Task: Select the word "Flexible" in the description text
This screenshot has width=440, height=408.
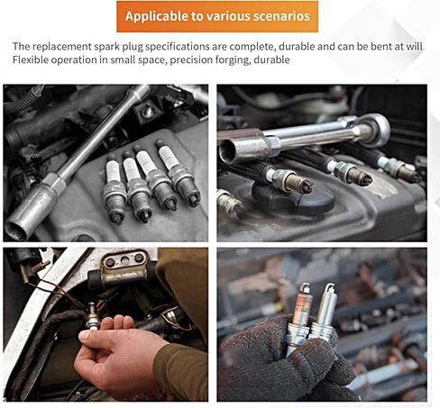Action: tap(30, 59)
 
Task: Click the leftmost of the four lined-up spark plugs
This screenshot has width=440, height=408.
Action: tap(115, 191)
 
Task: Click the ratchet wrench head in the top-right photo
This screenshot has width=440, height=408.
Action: tap(374, 130)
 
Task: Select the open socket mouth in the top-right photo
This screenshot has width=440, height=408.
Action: tap(227, 151)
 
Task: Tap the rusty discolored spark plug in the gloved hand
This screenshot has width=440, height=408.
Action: tap(299, 318)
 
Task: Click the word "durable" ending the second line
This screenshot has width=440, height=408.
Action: tap(271, 59)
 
